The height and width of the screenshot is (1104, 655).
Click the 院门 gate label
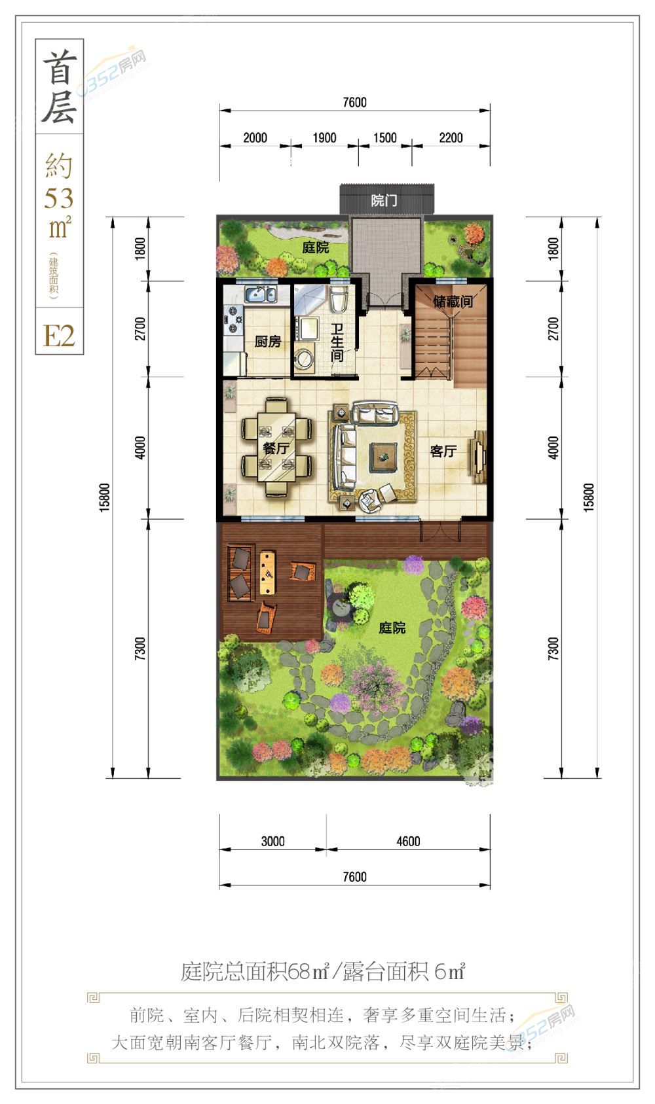pyautogui.click(x=384, y=200)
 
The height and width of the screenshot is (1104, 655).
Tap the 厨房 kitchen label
pyautogui.click(x=268, y=341)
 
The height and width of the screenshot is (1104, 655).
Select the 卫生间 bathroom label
pyautogui.click(x=337, y=342)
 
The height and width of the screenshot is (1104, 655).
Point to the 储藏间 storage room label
pyautogui.click(x=453, y=301)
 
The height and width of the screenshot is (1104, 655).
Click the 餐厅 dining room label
pyautogui.click(x=276, y=448)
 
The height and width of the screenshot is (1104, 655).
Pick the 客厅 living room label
pyautogui.click(x=443, y=450)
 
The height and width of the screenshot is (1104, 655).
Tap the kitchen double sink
pyautogui.click(x=261, y=294)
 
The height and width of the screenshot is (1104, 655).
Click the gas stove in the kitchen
pyautogui.click(x=233, y=320)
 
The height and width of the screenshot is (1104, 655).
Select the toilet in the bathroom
pyautogui.click(x=339, y=299)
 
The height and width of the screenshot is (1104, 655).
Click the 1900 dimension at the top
pyautogui.click(x=324, y=137)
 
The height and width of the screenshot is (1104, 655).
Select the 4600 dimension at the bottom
pyautogui.click(x=408, y=842)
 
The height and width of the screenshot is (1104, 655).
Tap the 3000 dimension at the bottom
pyautogui.click(x=272, y=842)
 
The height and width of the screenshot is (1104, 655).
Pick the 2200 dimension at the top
pyautogui.click(x=451, y=137)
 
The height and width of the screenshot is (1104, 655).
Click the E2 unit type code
pyautogui.click(x=59, y=336)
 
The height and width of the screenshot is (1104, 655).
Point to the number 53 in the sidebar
pyautogui.click(x=59, y=198)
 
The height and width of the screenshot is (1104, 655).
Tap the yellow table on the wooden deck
pyautogui.click(x=267, y=573)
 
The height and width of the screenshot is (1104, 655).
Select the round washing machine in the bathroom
pyautogui.click(x=304, y=358)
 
